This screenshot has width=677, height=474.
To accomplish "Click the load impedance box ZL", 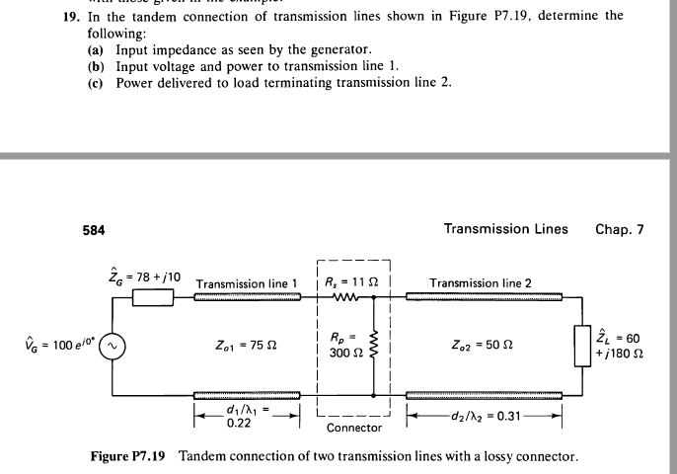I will click(x=581, y=347).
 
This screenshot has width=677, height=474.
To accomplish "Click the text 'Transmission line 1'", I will click(x=247, y=283).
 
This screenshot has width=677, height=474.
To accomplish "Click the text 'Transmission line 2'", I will click(x=481, y=283).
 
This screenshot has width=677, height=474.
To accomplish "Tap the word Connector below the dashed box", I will click(x=353, y=428).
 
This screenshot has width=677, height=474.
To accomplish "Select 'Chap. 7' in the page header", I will click(x=619, y=229).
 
